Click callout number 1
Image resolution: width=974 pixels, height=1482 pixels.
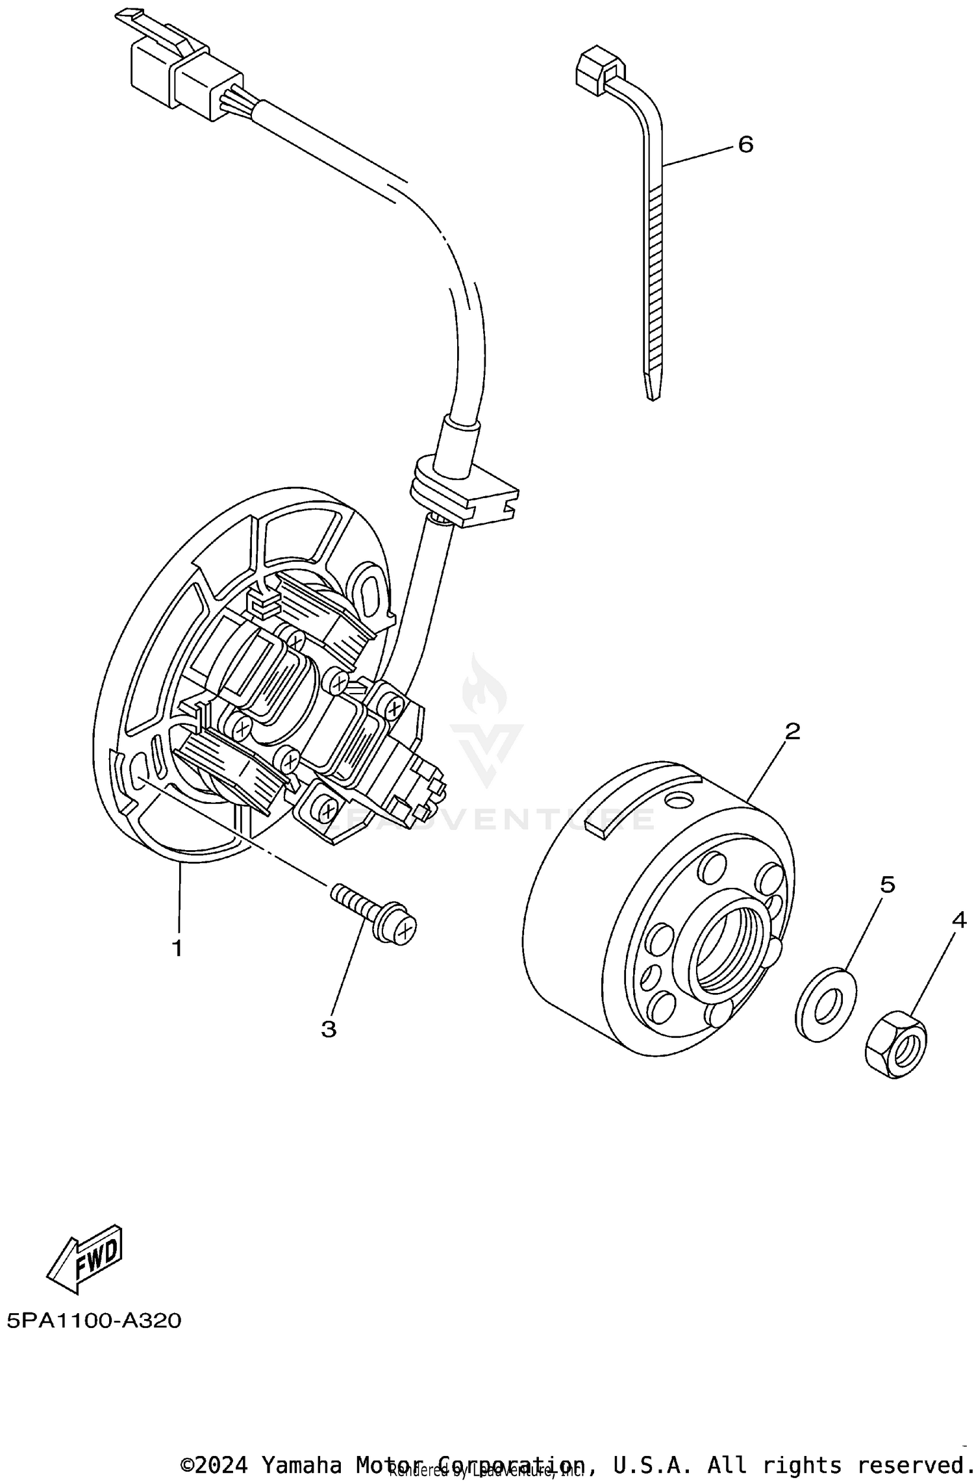[177, 948]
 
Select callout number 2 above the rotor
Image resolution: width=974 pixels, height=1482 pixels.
[792, 731]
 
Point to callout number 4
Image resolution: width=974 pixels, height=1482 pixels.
[959, 920]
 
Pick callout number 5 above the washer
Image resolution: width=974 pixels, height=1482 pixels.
[887, 884]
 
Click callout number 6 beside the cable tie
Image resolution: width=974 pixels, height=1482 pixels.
[745, 144]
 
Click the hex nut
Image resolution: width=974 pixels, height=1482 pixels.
[896, 1044]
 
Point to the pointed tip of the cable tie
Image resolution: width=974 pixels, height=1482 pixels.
[653, 390]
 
